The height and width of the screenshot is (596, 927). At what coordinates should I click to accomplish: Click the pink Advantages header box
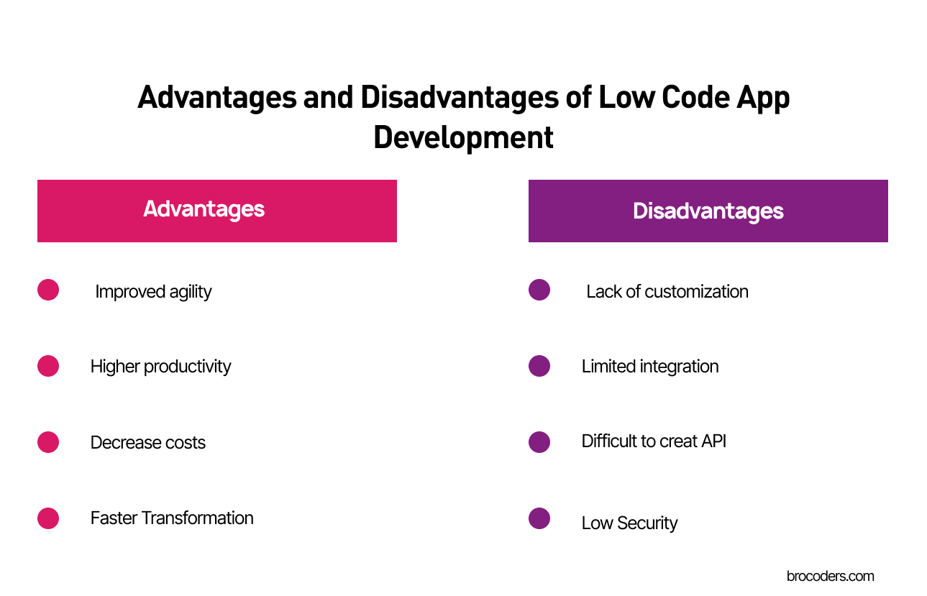coord(216,211)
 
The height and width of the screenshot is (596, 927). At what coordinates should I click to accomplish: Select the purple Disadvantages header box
coord(708,211)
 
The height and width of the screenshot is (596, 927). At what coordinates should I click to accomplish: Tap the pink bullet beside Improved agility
coord(48,290)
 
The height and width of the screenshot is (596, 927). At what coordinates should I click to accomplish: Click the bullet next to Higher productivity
coord(48,365)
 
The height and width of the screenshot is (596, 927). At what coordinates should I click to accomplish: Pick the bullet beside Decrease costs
coord(48,441)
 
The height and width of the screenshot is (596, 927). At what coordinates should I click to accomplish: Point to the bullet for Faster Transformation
coord(48,518)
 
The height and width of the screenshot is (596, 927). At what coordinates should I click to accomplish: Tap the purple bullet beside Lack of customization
coord(539,290)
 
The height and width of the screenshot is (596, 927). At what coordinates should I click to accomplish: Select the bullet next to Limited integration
coord(539,365)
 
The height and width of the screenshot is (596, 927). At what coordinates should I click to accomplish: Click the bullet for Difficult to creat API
coord(539,441)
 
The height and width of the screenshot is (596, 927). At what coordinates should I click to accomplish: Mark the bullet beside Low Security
coord(539,518)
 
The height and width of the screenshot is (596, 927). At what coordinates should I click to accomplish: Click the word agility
coord(191,292)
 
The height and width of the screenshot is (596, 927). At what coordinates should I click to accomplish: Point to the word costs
coord(186,443)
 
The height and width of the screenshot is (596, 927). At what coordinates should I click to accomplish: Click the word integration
coord(677,367)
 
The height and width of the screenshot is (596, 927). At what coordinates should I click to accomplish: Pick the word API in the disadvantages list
coord(713,441)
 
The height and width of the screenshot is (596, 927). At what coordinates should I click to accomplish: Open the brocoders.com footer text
coord(830,576)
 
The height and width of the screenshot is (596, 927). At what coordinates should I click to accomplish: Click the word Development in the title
coord(463,137)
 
